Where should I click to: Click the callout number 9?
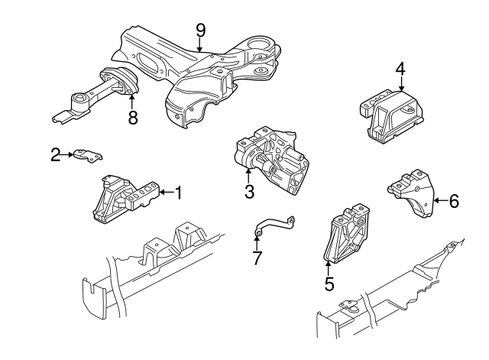coord(201,30)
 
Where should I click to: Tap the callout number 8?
coord(133,118)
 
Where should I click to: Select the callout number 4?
coord(400,69)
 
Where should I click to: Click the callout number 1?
coord(179,193)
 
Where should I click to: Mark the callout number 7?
coord(257,258)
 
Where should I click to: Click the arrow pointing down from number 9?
coord(200,45)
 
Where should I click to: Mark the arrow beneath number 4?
coord(400,85)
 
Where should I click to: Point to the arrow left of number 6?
coord(439,201)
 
